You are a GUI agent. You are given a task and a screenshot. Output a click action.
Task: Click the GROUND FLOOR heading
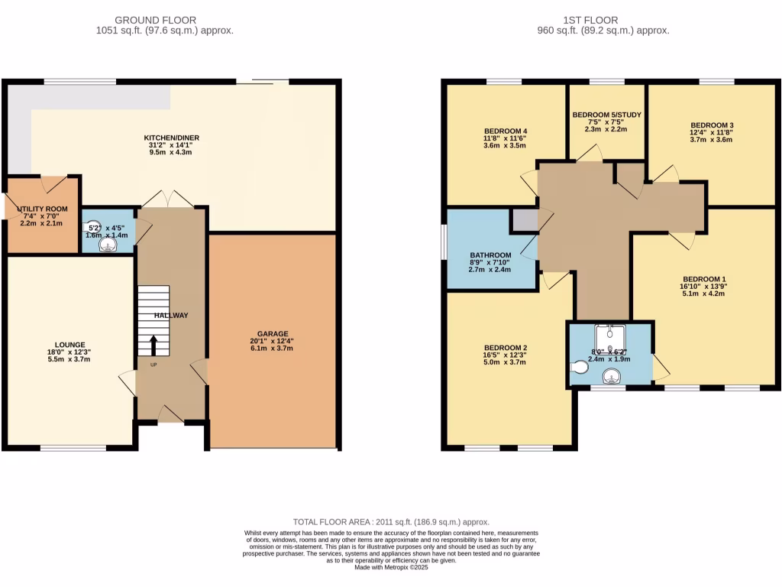click(x=155, y=20)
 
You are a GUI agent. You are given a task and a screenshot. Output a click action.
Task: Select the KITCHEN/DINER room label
click(x=172, y=138)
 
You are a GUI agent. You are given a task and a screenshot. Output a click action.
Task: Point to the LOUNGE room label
click(x=69, y=345)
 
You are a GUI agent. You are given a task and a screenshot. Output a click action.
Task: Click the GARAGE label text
click(x=273, y=334)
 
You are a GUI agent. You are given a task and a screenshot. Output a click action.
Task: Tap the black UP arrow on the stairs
click(x=153, y=345)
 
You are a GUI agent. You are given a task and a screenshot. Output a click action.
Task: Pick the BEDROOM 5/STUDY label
click(x=606, y=115)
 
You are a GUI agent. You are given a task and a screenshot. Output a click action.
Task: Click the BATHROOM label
click(x=490, y=255)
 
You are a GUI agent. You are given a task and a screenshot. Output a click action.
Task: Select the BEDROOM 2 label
click(x=505, y=348)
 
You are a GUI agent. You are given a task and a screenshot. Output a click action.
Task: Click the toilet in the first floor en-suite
click(x=580, y=368)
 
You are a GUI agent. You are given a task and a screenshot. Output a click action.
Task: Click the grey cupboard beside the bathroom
click(x=525, y=220)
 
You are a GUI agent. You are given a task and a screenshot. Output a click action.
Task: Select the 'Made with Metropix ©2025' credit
click(x=391, y=566)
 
